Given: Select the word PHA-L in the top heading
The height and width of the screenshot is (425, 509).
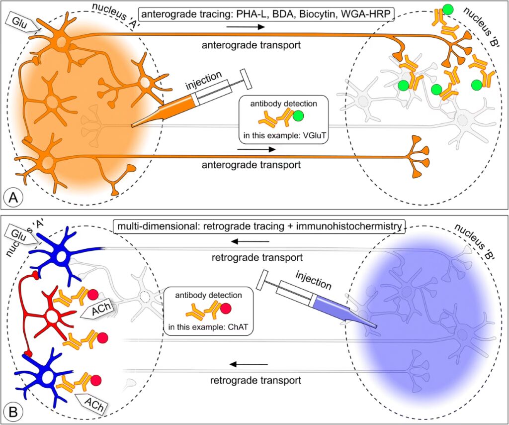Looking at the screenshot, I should point(242,15).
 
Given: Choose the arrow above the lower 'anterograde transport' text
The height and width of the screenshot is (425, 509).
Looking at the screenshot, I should point(255,148).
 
